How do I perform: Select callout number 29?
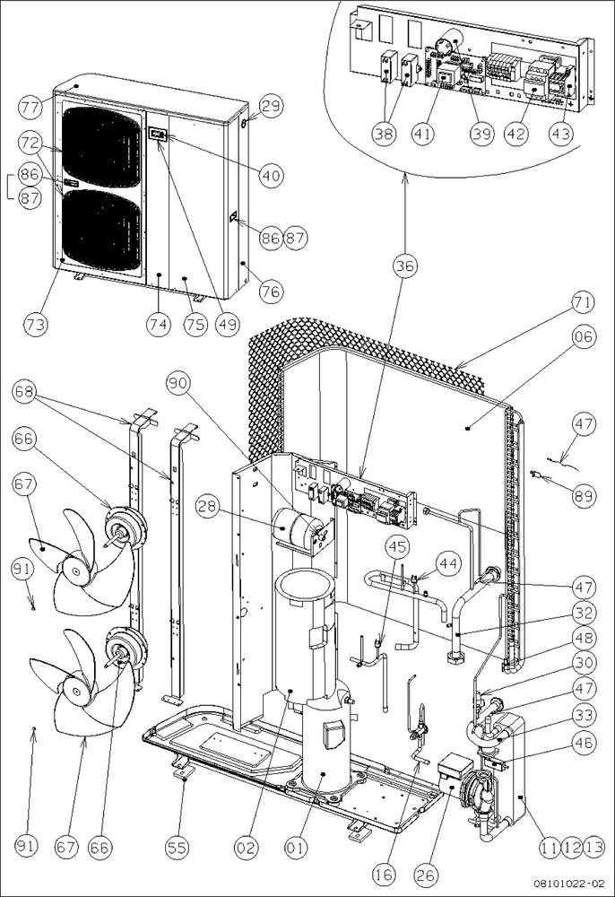tap(272, 107)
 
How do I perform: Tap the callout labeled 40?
tap(271, 176)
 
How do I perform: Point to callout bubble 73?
tap(36, 323)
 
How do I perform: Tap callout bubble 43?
tap(561, 133)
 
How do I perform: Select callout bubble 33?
tap(585, 715)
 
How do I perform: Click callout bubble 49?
tap(228, 324)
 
